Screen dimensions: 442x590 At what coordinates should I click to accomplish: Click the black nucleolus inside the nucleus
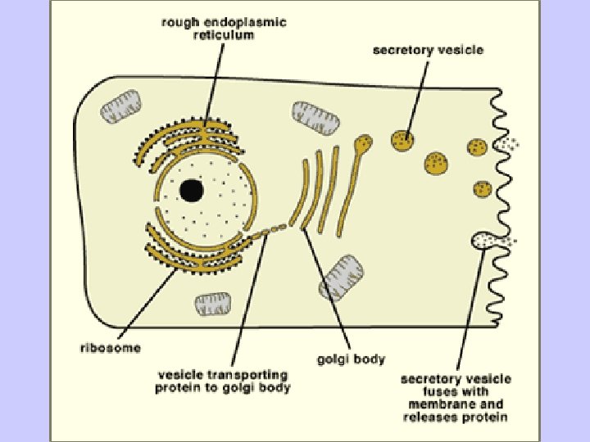click(192, 191)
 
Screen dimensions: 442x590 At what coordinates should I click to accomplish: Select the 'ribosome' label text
click(110, 347)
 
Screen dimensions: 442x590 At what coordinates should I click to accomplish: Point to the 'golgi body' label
click(352, 359)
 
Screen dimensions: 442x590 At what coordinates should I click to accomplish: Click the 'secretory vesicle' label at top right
click(428, 50)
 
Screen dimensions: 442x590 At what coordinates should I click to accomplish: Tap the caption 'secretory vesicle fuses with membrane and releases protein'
click(456, 398)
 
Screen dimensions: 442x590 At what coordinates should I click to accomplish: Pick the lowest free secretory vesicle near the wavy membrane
click(483, 189)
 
